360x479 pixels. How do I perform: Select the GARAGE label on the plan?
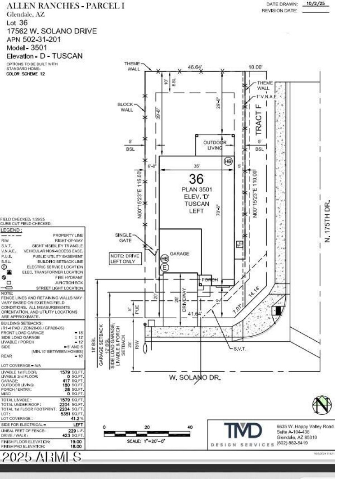(180, 253)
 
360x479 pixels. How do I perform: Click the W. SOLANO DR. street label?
(195, 378)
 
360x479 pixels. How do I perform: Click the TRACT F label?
(258, 120)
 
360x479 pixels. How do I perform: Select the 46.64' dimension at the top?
(195, 67)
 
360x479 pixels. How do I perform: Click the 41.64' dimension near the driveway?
(195, 314)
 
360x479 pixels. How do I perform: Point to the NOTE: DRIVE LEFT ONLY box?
(124, 258)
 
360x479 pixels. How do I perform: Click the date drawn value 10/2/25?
(316, 4)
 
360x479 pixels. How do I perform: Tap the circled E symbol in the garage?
(165, 267)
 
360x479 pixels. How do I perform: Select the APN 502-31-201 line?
(36, 40)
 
